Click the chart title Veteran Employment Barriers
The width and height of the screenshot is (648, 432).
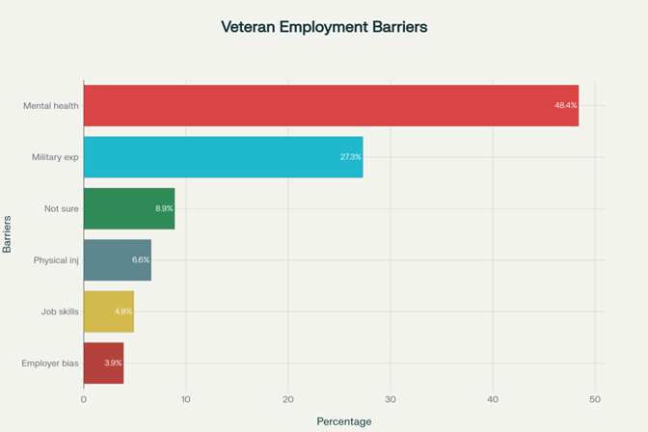click(324, 28)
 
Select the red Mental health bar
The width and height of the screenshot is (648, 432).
click(331, 105)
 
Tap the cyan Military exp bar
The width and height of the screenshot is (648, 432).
click(223, 156)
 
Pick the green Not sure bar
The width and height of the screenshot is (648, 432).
click(128, 208)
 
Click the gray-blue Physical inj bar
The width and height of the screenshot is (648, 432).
click(117, 260)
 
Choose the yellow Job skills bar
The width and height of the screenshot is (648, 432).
click(108, 311)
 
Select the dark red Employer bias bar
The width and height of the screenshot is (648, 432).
click(103, 363)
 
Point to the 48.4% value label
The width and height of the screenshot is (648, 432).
click(566, 105)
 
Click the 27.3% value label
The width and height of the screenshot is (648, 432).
click(351, 156)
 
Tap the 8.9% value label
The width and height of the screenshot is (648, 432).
click(164, 208)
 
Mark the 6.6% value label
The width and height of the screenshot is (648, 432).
click(141, 260)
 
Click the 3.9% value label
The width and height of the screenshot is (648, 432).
click(113, 363)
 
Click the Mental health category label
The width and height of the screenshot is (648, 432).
click(51, 105)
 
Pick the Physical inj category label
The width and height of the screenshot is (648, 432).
click(56, 260)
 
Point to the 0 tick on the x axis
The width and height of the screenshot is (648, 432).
click(84, 398)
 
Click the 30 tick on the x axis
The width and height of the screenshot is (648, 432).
click(391, 398)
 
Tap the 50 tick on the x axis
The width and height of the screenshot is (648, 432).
click(595, 398)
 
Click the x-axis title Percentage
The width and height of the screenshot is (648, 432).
click(344, 421)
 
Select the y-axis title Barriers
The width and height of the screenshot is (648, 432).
click(8, 234)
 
